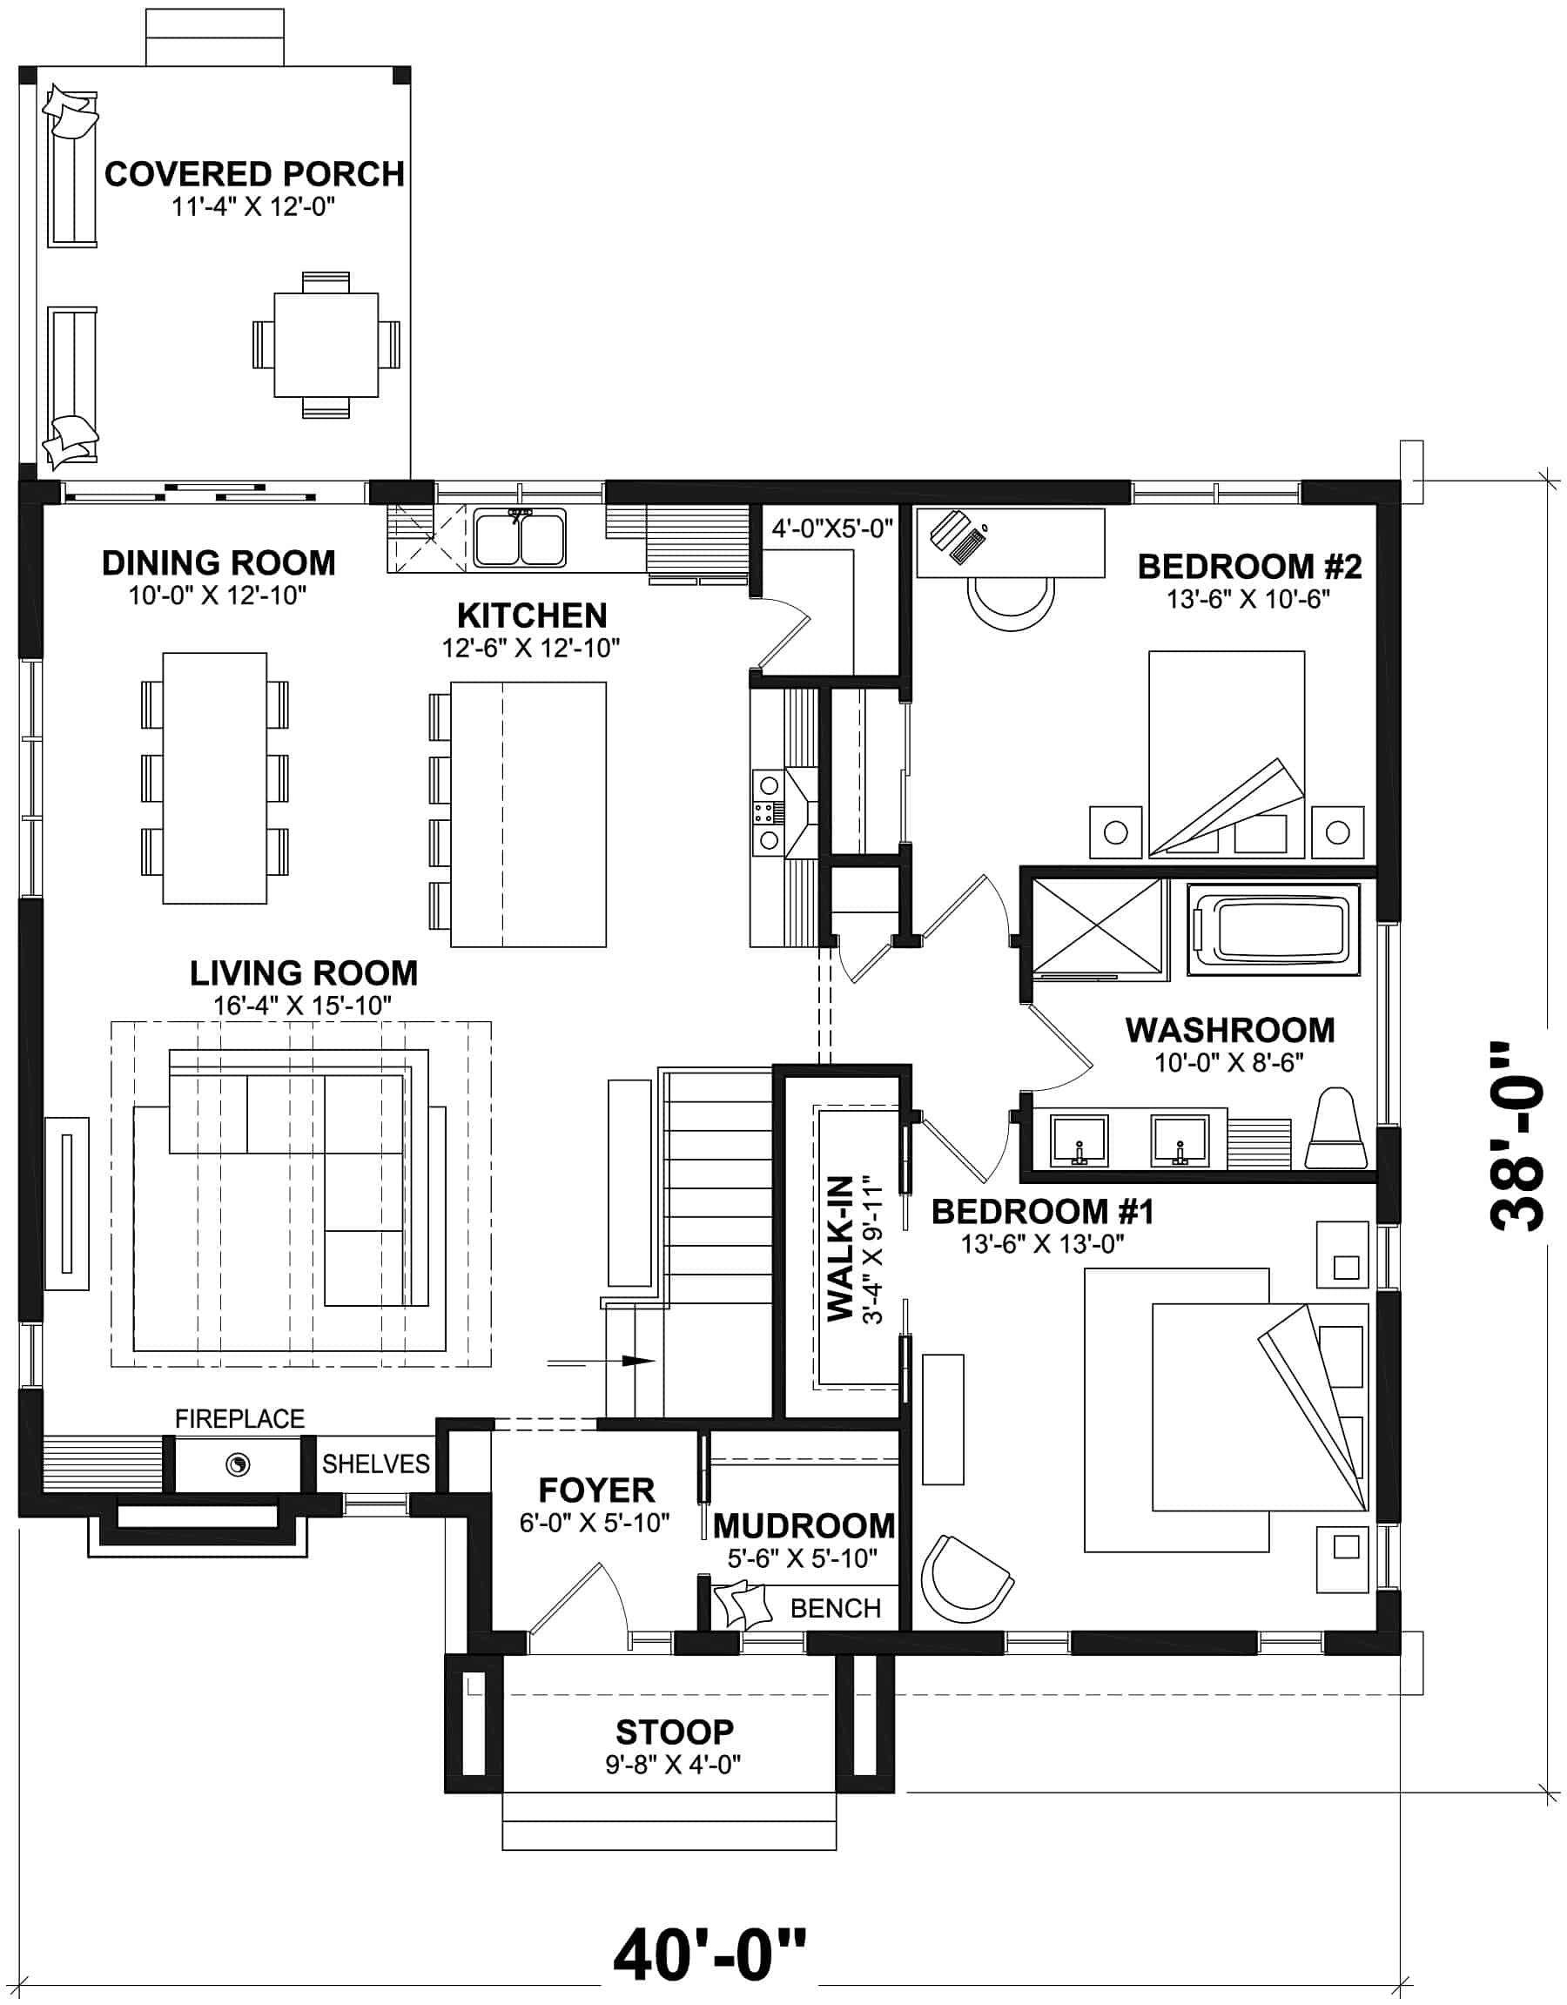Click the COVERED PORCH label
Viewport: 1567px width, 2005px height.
point(254,173)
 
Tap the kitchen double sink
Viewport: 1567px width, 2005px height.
point(520,539)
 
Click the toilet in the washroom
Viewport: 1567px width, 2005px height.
point(1336,1131)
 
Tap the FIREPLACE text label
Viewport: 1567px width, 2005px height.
point(239,1418)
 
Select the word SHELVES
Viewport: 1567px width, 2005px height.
point(375,1463)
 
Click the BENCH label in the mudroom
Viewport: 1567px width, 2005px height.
point(835,1606)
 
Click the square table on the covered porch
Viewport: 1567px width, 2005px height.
point(326,344)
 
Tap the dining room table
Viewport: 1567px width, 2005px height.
point(215,777)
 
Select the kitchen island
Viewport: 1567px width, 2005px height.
point(527,813)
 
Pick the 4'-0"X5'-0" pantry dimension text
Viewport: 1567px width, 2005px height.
point(831,528)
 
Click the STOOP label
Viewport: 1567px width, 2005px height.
point(674,1732)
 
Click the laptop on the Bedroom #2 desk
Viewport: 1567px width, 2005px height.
point(958,536)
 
